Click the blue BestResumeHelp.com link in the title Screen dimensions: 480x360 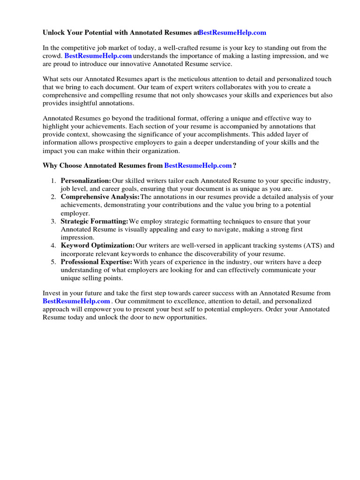coord(232,32)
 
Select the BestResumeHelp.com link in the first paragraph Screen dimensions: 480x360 coord(98,56)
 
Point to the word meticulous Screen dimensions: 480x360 coord(168,79)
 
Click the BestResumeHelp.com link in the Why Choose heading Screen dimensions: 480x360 coord(198,165)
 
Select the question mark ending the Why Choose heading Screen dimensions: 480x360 coord(235,165)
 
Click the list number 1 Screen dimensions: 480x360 coord(53,181)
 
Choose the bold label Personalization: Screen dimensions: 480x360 coord(86,181)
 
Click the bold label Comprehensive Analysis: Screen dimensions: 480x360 coord(100,197)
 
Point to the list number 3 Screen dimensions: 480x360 coord(53,221)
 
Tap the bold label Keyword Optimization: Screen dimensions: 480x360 coord(97,245)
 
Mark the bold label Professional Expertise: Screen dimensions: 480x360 coord(97,262)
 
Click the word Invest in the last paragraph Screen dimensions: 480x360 coord(52,293)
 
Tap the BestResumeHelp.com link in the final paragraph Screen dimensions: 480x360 coord(76,301)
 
